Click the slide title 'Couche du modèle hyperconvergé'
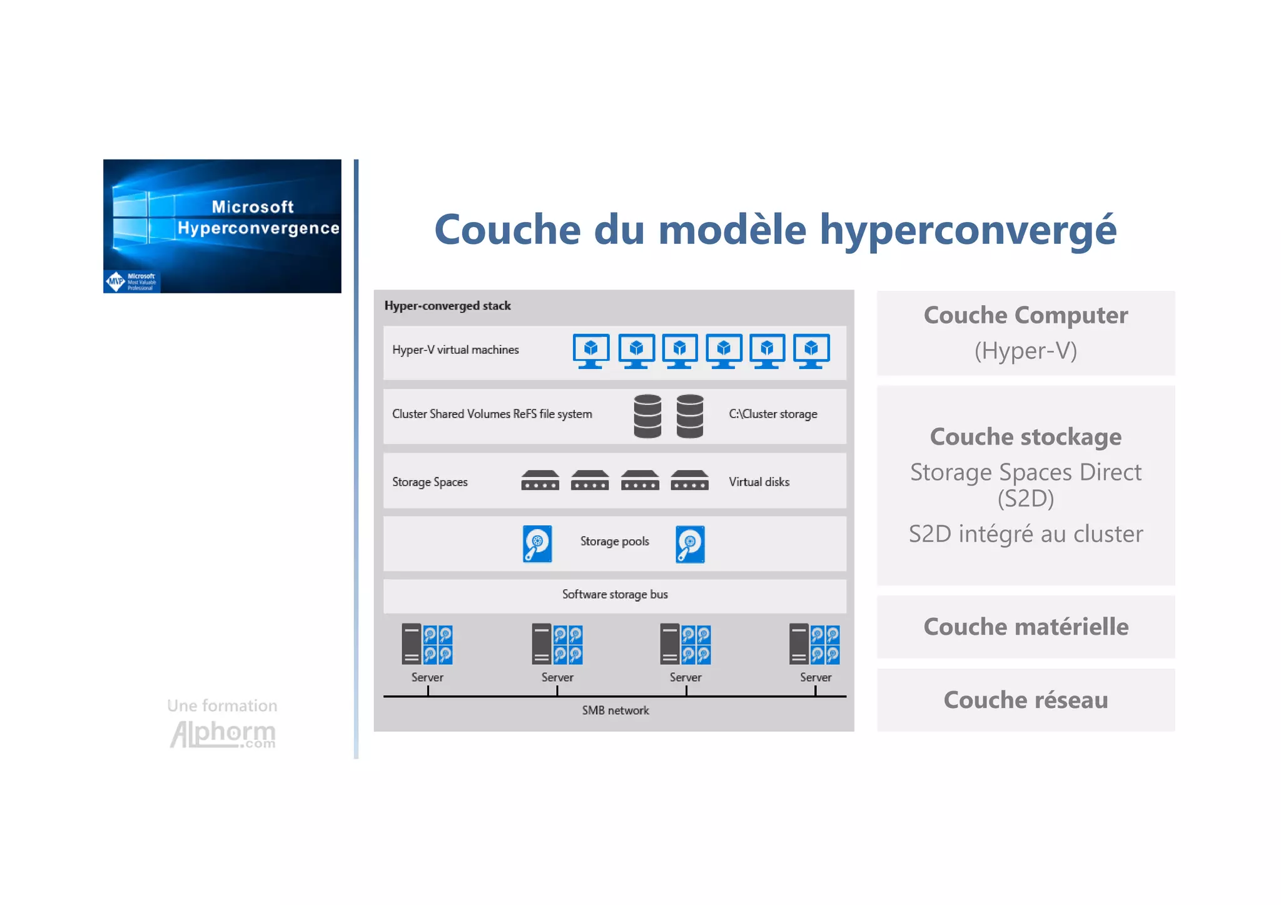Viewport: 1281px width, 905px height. (775, 230)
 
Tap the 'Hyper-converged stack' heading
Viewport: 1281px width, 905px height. (447, 306)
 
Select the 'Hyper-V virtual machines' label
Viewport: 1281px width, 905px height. (455, 350)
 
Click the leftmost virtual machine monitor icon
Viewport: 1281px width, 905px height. (590, 351)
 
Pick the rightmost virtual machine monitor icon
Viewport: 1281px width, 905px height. (811, 351)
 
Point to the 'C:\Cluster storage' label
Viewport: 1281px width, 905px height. (772, 414)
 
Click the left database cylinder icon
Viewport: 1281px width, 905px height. (647, 416)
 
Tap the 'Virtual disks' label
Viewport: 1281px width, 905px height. (759, 482)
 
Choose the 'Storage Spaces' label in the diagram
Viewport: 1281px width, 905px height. (430, 482)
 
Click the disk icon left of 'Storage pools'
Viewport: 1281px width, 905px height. (537, 544)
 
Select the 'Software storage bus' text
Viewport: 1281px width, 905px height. (615, 594)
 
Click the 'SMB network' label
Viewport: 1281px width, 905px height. (615, 710)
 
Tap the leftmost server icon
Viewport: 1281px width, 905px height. (427, 644)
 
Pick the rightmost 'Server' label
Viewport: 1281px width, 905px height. (816, 677)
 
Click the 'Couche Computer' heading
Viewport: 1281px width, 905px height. (1026, 315)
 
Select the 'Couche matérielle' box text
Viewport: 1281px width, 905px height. (1026, 627)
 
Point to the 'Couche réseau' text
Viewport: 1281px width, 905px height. (1026, 700)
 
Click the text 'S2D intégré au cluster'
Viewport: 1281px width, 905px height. (1026, 534)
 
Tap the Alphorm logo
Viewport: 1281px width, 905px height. (223, 733)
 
